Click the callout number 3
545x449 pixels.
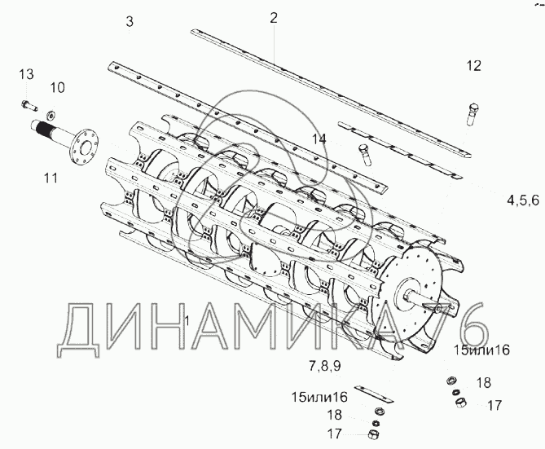(130, 21)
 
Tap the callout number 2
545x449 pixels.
(274, 18)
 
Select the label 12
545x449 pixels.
(474, 66)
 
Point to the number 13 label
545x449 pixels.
(26, 74)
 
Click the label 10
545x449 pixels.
(57, 88)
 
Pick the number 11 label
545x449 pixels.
(51, 178)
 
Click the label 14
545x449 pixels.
(319, 139)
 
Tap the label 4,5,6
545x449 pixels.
(523, 200)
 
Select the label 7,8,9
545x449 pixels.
(324, 366)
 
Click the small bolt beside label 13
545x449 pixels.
(29, 104)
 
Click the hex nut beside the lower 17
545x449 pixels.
(372, 434)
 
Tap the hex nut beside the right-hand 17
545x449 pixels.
(460, 403)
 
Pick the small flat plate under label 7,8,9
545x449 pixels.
(374, 394)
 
